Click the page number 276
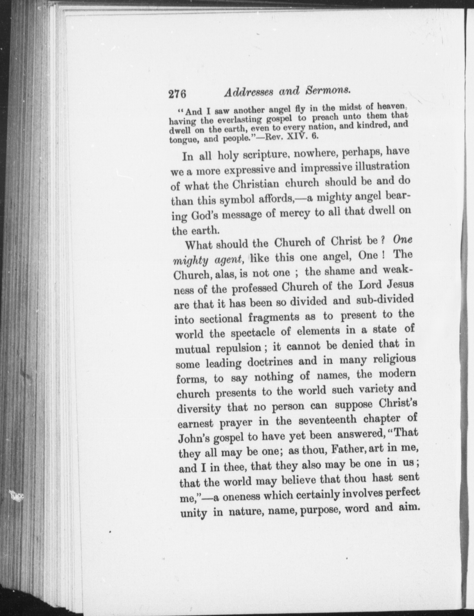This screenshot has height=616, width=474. tap(177, 94)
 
